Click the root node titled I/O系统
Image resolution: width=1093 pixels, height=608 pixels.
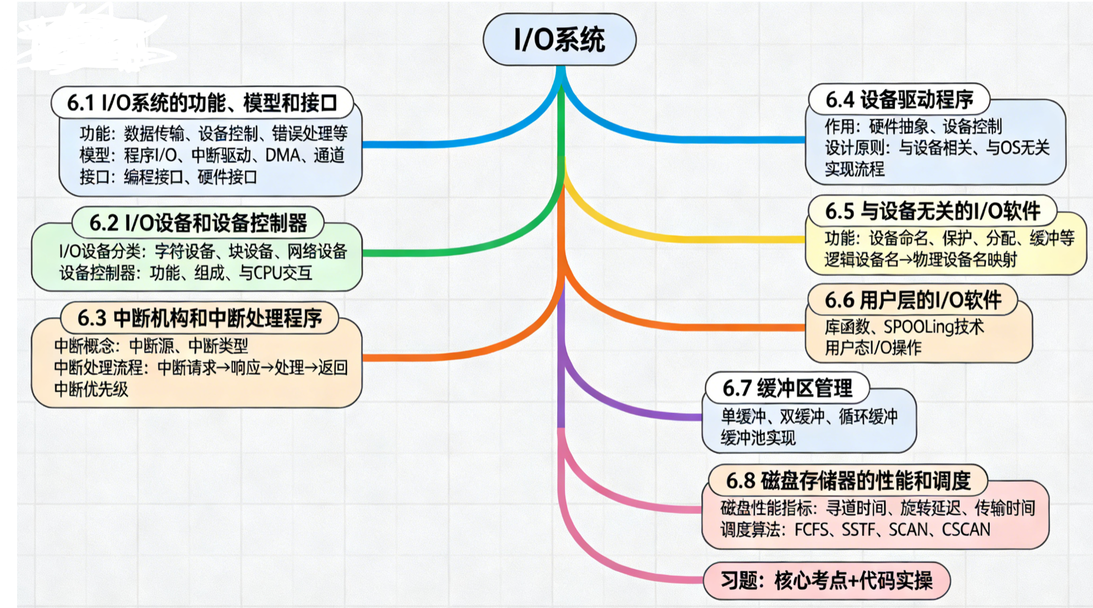click(559, 40)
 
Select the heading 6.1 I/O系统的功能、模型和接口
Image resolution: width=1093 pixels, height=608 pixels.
click(202, 103)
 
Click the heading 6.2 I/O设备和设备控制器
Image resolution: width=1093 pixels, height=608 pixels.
click(198, 223)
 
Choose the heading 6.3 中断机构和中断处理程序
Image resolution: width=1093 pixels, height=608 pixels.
click(199, 318)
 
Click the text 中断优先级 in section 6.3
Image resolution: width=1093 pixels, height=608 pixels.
click(91, 389)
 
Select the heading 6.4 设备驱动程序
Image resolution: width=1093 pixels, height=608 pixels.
click(899, 100)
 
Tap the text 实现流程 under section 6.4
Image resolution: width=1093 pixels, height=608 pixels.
click(854, 169)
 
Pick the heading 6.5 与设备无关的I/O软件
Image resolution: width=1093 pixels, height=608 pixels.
click(932, 211)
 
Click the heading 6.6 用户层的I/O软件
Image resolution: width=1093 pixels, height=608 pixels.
click(912, 300)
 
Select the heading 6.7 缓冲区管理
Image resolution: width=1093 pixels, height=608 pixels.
click(787, 388)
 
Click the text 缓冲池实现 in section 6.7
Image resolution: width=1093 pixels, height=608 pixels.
click(758, 438)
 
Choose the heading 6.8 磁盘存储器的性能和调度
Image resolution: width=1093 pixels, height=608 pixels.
click(847, 481)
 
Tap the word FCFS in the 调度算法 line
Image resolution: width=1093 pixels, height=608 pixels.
click(811, 530)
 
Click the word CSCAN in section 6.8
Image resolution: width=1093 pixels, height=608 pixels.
click(966, 530)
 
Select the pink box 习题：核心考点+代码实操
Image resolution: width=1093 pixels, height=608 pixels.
click(826, 580)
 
